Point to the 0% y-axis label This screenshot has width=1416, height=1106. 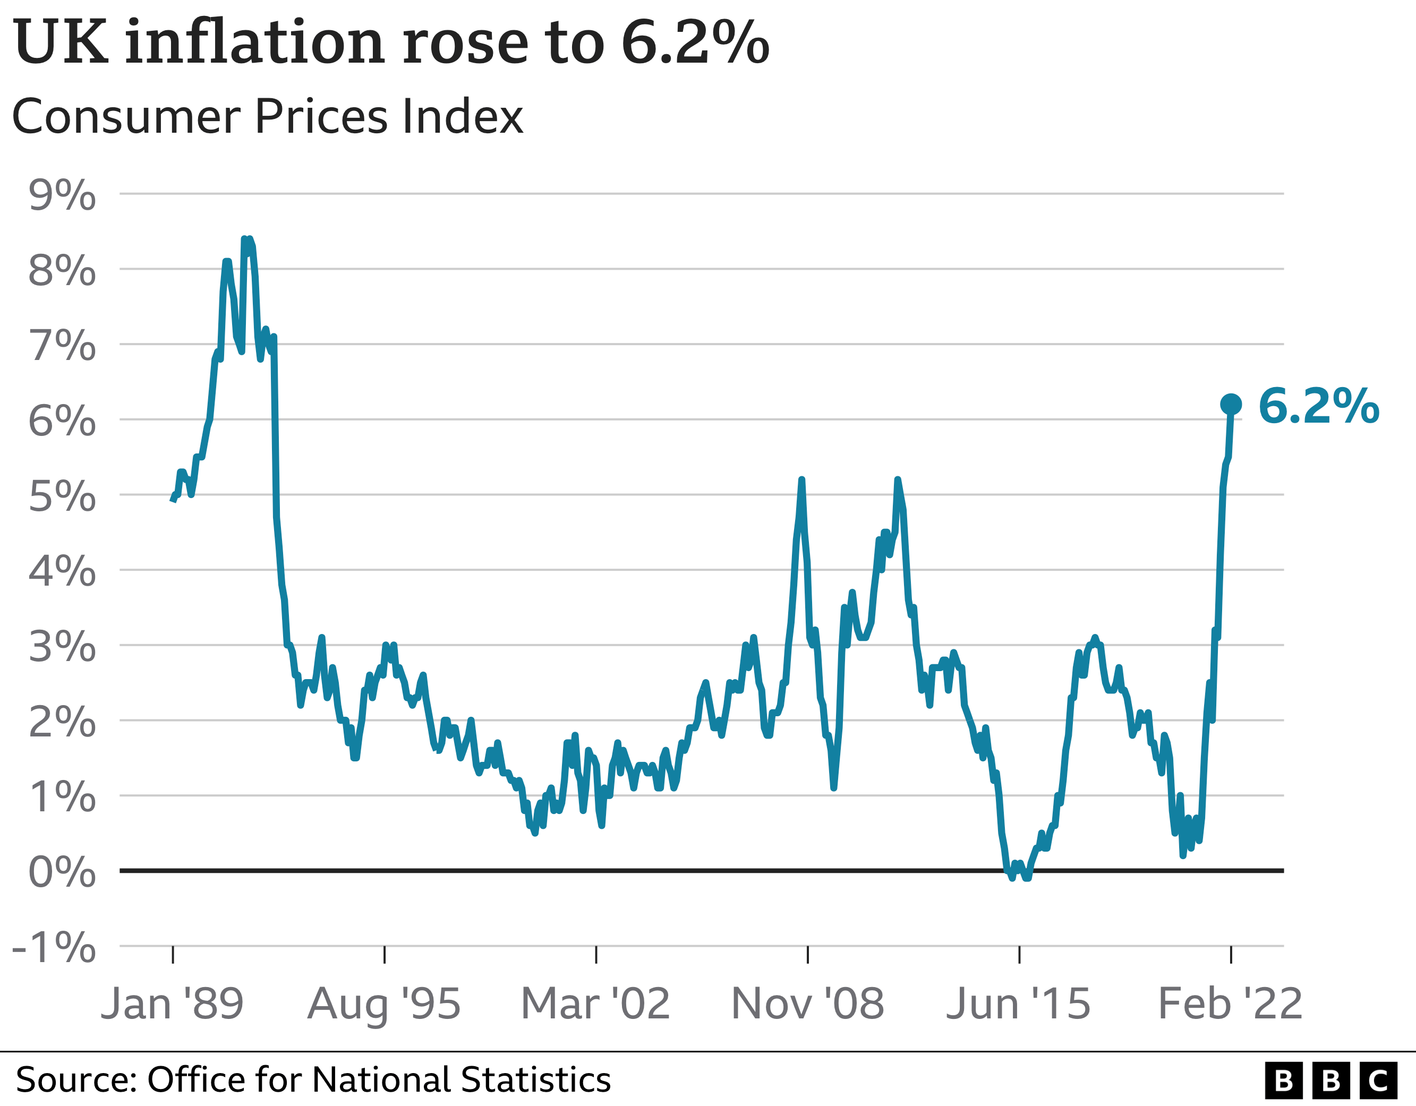pyautogui.click(x=62, y=872)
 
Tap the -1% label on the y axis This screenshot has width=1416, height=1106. pyautogui.click(x=55, y=948)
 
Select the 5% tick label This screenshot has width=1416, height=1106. pyautogui.click(x=62, y=497)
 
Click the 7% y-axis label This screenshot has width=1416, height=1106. pyautogui.click(x=62, y=346)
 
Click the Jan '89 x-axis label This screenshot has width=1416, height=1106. pyautogui.click(x=172, y=1004)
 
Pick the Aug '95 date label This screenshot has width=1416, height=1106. pyautogui.click(x=384, y=1004)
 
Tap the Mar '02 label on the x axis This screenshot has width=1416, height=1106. pyautogui.click(x=595, y=1004)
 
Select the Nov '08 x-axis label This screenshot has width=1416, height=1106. pyautogui.click(x=807, y=1004)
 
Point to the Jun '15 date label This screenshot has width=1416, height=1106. pyautogui.click(x=1019, y=1004)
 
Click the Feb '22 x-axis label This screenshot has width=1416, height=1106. pyautogui.click(x=1230, y=1004)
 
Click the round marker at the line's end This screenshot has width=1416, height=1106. pyautogui.click(x=1231, y=405)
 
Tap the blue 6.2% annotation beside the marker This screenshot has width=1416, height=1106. pyautogui.click(x=1318, y=407)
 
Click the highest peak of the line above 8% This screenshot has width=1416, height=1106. pyautogui.click(x=244, y=239)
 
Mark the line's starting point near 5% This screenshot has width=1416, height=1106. pyautogui.click(x=173, y=500)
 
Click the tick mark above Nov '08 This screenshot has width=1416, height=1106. pyautogui.click(x=808, y=955)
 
